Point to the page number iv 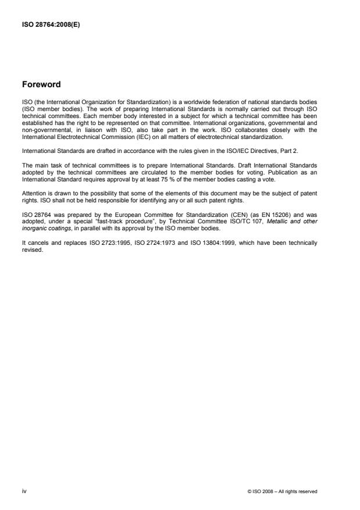pyautogui.click(x=24, y=491)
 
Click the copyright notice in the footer pyautogui.click(x=282, y=491)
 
